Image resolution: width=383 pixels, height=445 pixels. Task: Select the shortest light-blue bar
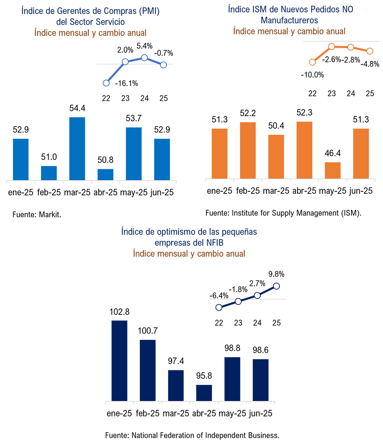pyautogui.click(x=106, y=174)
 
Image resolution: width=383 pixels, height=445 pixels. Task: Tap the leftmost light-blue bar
pyautogui.click(x=21, y=159)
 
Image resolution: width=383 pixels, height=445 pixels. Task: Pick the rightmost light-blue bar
pyautogui.click(x=162, y=159)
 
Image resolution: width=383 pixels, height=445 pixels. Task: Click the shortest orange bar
pyautogui.click(x=333, y=170)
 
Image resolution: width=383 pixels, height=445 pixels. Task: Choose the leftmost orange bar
pyautogui.click(x=220, y=153)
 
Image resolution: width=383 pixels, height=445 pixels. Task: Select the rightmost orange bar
pyautogui.click(x=361, y=153)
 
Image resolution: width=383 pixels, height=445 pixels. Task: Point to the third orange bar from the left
pyautogui.click(x=276, y=156)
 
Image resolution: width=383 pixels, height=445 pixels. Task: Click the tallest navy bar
pyautogui.click(x=120, y=360)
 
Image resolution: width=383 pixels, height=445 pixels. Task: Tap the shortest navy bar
pyautogui.click(x=204, y=392)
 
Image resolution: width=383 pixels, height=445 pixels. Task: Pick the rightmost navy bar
pyautogui.click(x=261, y=379)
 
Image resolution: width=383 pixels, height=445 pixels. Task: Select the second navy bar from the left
pyautogui.click(x=148, y=370)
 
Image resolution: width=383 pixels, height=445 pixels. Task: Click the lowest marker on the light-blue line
pyautogui.click(x=106, y=83)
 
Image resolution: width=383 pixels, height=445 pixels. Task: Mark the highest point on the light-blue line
pyautogui.click(x=144, y=57)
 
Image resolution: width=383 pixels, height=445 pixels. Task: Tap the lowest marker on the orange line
pyautogui.click(x=312, y=62)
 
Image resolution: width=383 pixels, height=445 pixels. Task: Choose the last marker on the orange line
pyautogui.click(x=370, y=51)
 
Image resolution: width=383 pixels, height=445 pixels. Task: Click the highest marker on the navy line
pyautogui.click(x=276, y=286)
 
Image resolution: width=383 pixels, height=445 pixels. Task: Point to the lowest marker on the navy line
pyautogui.click(x=219, y=307)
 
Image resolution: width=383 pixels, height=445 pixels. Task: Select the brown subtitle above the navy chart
pyautogui.click(x=189, y=254)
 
